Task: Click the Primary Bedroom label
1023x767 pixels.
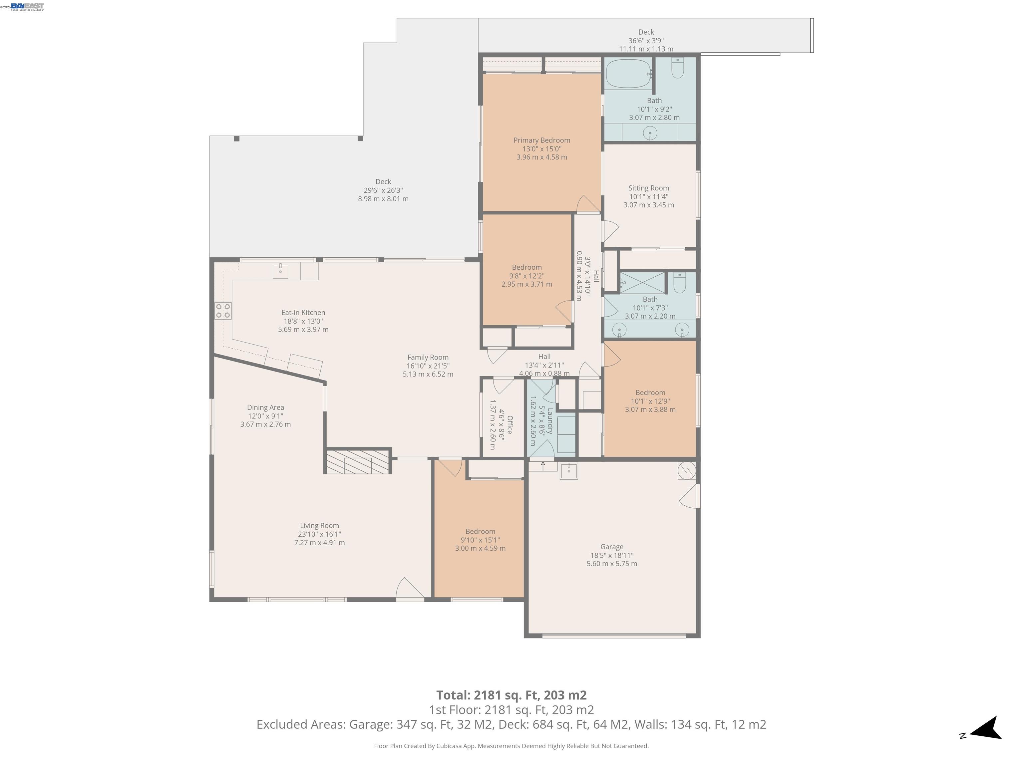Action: pyautogui.click(x=541, y=140)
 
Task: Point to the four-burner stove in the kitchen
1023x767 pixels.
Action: pyautogui.click(x=222, y=311)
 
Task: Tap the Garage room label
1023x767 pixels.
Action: pyautogui.click(x=611, y=547)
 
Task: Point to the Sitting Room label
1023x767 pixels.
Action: pyautogui.click(x=648, y=188)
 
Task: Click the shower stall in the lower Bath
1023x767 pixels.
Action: pyautogui.click(x=642, y=283)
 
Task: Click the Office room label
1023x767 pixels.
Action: pyautogui.click(x=510, y=424)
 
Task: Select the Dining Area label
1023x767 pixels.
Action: pyautogui.click(x=265, y=408)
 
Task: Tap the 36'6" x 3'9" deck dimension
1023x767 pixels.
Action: pyautogui.click(x=646, y=41)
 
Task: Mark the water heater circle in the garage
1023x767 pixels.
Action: pyautogui.click(x=687, y=470)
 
